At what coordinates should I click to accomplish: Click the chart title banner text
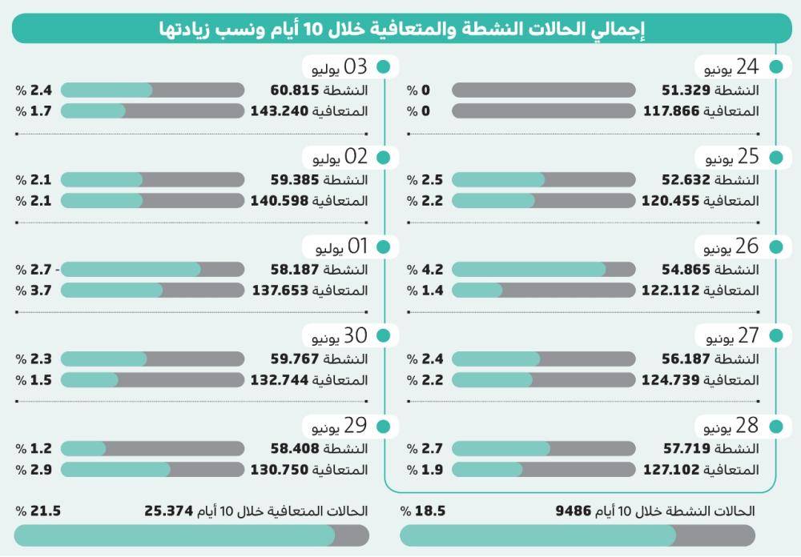click(401, 28)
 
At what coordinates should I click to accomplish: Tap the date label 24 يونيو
click(731, 67)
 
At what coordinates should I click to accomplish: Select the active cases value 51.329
click(686, 90)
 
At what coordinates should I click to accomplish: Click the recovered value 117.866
click(671, 110)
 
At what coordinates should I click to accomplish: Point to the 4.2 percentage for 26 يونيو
click(425, 270)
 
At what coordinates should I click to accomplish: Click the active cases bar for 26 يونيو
click(544, 270)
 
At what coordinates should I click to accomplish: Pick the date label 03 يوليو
click(340, 67)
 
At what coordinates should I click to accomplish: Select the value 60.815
click(295, 90)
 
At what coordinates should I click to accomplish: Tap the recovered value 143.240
click(280, 110)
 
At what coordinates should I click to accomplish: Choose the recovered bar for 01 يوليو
click(152, 291)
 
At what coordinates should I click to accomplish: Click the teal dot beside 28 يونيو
click(776, 427)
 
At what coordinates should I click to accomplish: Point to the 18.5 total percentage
click(423, 511)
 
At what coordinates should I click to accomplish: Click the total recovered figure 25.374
click(168, 511)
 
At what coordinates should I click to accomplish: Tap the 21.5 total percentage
click(38, 511)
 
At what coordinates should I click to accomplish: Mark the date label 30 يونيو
click(340, 336)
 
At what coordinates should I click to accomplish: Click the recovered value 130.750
click(280, 470)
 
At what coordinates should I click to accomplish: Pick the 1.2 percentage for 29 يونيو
click(34, 449)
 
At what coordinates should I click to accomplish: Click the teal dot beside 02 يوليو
click(383, 158)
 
